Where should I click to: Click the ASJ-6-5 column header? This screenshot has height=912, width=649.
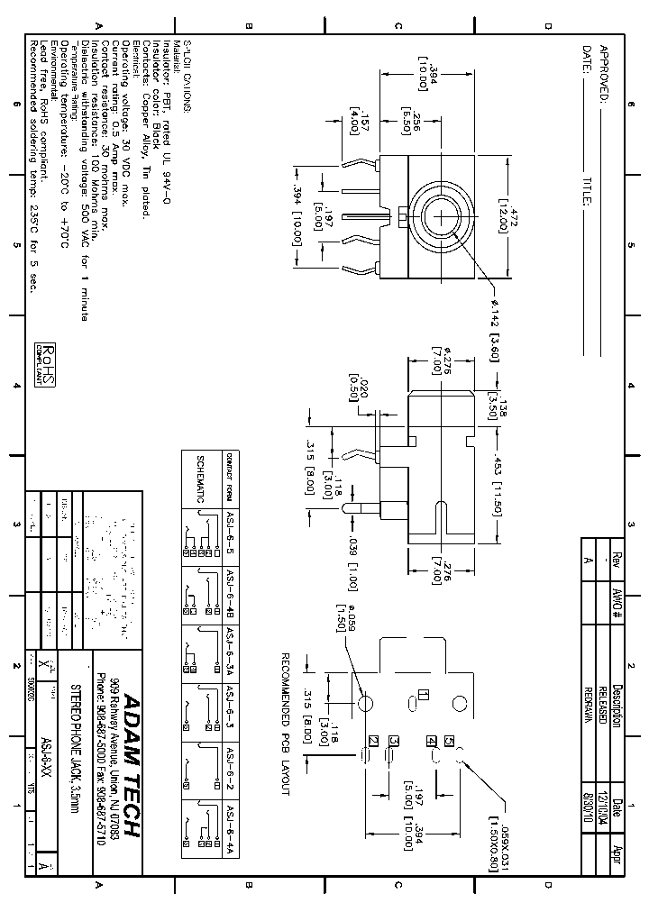tap(230, 538)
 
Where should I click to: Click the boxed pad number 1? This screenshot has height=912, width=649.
tap(423, 696)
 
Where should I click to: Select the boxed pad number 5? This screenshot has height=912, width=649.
tap(449, 741)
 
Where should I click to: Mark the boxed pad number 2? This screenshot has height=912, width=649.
tap(371, 741)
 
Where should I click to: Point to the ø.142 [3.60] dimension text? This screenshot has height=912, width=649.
tap(495, 331)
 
